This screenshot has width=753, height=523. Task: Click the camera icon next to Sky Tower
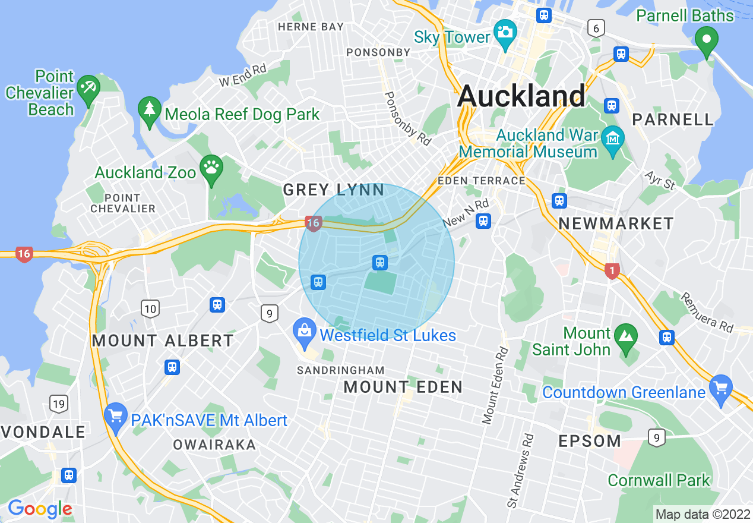[505, 30]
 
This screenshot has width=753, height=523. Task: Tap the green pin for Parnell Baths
[707, 40]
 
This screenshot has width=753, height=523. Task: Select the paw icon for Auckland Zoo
[211, 166]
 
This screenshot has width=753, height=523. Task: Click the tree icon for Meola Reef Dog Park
[149, 109]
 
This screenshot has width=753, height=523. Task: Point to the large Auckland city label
[521, 95]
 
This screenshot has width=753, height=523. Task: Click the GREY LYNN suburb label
[334, 190]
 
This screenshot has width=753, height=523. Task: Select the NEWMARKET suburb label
[616, 223]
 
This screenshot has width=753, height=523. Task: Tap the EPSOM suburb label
[590, 441]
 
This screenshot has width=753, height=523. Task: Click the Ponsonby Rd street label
[407, 119]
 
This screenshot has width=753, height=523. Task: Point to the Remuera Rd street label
[707, 313]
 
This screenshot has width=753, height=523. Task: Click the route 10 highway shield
[150, 308]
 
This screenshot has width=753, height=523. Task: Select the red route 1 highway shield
[612, 271]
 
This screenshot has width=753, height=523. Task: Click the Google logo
[40, 509]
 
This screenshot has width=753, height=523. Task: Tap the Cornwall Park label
[659, 480]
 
